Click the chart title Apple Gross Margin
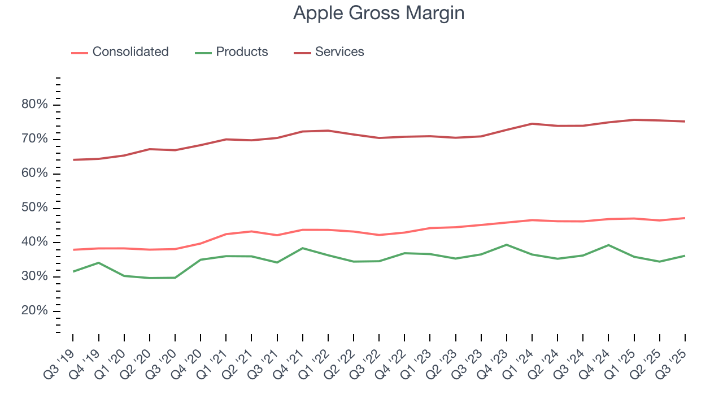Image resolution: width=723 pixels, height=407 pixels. pyautogui.click(x=378, y=13)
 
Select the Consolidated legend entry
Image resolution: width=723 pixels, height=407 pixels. pyautogui.click(x=130, y=52)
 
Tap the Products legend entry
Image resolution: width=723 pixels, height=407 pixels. pyautogui.click(x=242, y=52)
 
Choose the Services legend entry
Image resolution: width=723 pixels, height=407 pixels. pyautogui.click(x=339, y=52)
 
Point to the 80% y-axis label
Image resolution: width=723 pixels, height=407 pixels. pyautogui.click(x=34, y=105)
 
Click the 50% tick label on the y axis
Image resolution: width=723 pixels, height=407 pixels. pyautogui.click(x=34, y=208)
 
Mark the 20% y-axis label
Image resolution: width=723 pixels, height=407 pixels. pyautogui.click(x=34, y=311)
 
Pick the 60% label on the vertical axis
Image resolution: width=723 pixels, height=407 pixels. pyautogui.click(x=34, y=174)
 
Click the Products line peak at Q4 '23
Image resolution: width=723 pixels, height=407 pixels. pyautogui.click(x=506, y=245)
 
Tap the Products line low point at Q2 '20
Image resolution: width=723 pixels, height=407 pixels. pyautogui.click(x=149, y=278)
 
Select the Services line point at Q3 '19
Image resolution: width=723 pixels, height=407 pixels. pyautogui.click(x=73, y=160)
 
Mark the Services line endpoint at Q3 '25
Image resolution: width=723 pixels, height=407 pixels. pyautogui.click(x=685, y=122)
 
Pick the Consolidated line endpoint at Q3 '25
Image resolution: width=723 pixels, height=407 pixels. pyautogui.click(x=685, y=218)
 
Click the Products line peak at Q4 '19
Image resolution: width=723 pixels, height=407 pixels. pyautogui.click(x=98, y=263)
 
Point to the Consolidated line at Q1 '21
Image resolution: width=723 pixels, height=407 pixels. pyautogui.click(x=226, y=234)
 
